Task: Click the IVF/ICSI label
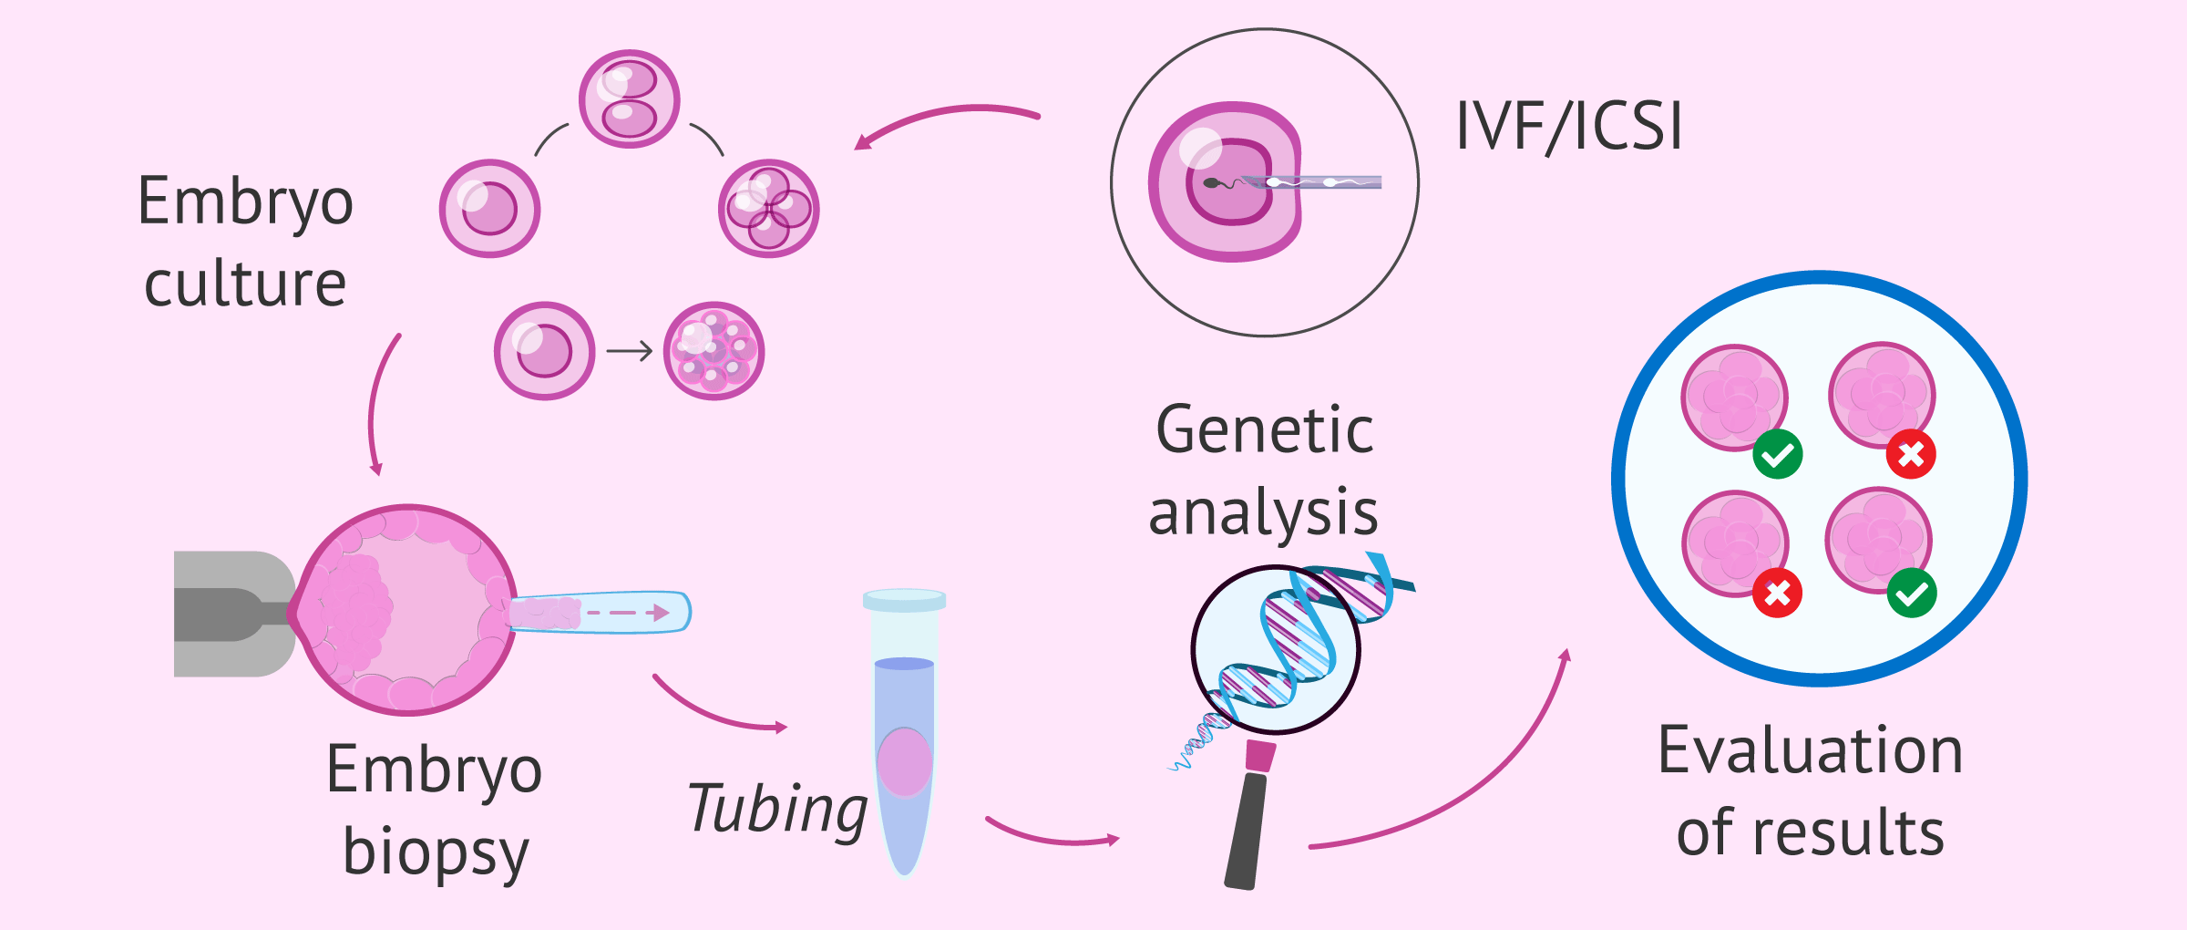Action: point(1569,126)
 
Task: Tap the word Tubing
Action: point(777,810)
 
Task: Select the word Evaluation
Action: point(1810,750)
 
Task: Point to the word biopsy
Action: point(436,852)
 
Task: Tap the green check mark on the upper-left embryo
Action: point(1777,454)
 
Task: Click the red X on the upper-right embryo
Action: point(1911,454)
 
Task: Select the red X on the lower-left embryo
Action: point(1777,594)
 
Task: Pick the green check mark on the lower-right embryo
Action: point(1912,594)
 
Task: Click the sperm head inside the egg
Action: point(1211,183)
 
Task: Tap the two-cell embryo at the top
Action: point(629,98)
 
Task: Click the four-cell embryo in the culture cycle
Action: point(768,209)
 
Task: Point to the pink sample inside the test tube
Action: point(904,762)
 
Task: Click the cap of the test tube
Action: point(904,600)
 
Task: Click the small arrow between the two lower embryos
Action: point(630,351)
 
